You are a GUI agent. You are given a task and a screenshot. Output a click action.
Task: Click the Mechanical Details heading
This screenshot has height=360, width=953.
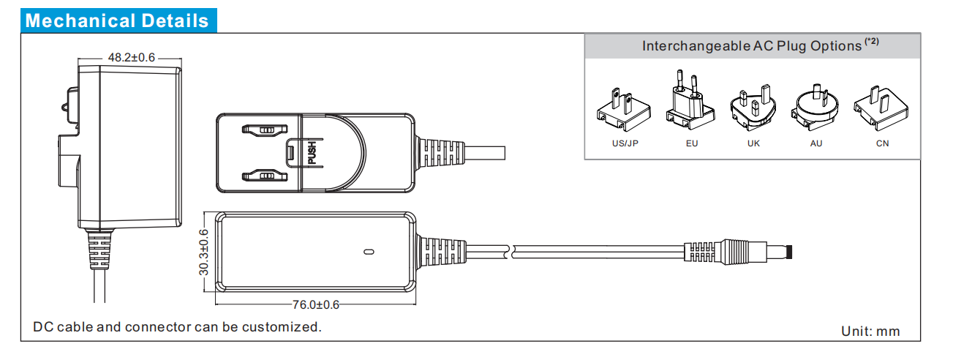click(117, 20)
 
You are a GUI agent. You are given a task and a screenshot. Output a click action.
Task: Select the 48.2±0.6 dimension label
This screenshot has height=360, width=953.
click(132, 57)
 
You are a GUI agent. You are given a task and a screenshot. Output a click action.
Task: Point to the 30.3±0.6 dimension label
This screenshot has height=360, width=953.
click(204, 252)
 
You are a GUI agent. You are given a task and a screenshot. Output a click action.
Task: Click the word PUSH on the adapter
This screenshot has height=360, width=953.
click(312, 152)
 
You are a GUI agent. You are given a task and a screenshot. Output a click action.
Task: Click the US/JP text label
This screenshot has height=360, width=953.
click(625, 143)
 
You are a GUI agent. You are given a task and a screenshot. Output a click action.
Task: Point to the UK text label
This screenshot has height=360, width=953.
click(753, 143)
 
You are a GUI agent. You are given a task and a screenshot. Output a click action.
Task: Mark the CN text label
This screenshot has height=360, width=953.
click(882, 143)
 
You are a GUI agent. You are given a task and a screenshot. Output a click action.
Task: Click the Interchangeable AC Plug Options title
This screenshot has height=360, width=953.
click(752, 46)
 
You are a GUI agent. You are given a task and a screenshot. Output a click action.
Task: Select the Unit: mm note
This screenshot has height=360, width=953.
click(870, 331)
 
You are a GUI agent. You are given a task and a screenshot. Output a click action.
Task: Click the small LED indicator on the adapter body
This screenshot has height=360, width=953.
click(369, 252)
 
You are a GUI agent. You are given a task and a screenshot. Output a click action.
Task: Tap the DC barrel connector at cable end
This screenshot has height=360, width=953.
click(739, 252)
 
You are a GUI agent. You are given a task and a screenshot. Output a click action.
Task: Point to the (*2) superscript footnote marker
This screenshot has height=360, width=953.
click(872, 42)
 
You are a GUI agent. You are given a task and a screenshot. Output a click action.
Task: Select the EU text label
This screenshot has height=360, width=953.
click(691, 143)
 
